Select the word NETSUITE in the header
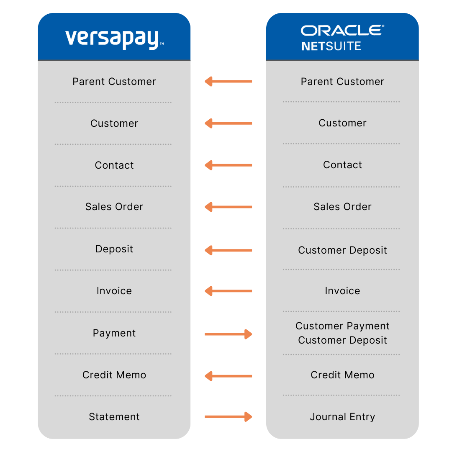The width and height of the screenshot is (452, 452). (331, 46)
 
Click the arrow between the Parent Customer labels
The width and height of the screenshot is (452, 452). (228, 81)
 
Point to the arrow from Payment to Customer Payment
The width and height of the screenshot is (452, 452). (228, 334)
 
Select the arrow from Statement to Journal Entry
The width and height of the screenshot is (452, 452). (228, 417)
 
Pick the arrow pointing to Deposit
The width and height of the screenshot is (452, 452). (228, 250)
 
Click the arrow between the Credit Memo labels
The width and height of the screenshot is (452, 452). (228, 376)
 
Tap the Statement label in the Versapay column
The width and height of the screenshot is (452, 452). (114, 417)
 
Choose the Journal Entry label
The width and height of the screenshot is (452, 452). (342, 417)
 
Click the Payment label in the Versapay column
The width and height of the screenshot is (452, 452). (114, 333)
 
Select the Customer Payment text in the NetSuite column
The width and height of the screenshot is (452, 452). (342, 326)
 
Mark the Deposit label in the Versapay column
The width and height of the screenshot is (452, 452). (114, 249)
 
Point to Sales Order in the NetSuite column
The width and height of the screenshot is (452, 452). (342, 207)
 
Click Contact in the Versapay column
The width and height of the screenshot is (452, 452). (114, 165)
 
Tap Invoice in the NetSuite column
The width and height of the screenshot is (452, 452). (342, 291)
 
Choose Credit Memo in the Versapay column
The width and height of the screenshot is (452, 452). (114, 375)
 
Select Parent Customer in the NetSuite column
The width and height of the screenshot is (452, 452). (342, 82)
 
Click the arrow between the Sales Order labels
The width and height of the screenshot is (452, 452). (228, 207)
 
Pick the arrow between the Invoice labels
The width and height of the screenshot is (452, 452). (228, 291)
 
